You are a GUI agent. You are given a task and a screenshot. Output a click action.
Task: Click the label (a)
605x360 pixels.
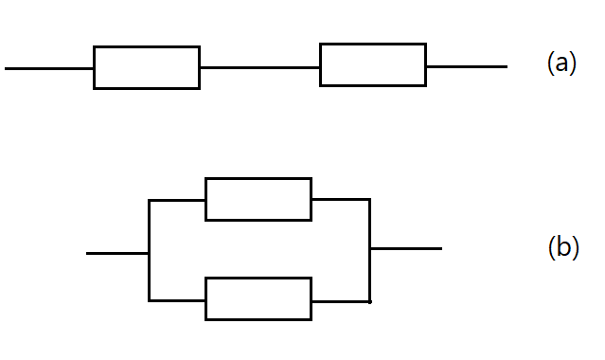click(x=561, y=63)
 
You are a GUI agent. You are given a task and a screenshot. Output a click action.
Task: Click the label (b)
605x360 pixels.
click(x=563, y=247)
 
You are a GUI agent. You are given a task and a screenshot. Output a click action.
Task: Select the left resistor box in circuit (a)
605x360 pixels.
click(x=147, y=46)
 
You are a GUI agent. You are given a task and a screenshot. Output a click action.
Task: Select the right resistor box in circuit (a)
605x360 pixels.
click(x=373, y=44)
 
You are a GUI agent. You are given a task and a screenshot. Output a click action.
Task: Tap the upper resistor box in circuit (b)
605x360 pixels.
click(x=258, y=178)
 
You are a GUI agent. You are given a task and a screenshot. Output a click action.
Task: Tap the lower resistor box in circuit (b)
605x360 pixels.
click(x=258, y=278)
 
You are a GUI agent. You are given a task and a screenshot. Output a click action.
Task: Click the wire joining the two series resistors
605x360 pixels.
click(x=260, y=67)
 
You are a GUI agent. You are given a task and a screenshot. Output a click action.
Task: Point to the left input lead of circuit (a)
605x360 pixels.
click(x=49, y=69)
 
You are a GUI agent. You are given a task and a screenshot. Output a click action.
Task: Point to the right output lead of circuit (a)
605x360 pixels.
click(x=467, y=67)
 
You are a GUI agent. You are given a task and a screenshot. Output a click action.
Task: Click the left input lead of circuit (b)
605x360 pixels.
click(x=117, y=253)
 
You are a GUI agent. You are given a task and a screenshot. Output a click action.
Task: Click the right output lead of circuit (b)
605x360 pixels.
click(x=406, y=249)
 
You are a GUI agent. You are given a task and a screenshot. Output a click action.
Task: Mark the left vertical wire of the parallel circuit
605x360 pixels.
click(x=149, y=250)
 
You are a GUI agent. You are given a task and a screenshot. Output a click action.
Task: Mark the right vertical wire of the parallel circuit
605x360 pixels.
click(x=370, y=250)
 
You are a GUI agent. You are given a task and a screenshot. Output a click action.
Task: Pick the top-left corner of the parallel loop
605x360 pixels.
click(x=149, y=201)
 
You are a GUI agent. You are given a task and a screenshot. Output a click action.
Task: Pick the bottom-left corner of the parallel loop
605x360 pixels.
click(x=149, y=300)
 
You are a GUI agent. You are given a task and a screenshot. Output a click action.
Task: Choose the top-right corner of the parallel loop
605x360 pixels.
click(x=370, y=200)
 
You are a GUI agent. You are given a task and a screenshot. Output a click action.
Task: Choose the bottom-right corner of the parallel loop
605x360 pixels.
click(x=370, y=301)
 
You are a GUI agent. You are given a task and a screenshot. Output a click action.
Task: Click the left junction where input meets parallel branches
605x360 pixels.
click(x=149, y=253)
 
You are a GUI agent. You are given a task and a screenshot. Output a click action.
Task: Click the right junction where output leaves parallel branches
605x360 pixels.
click(x=370, y=249)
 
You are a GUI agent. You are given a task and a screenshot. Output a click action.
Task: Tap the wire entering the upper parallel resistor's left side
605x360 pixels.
click(x=177, y=201)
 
